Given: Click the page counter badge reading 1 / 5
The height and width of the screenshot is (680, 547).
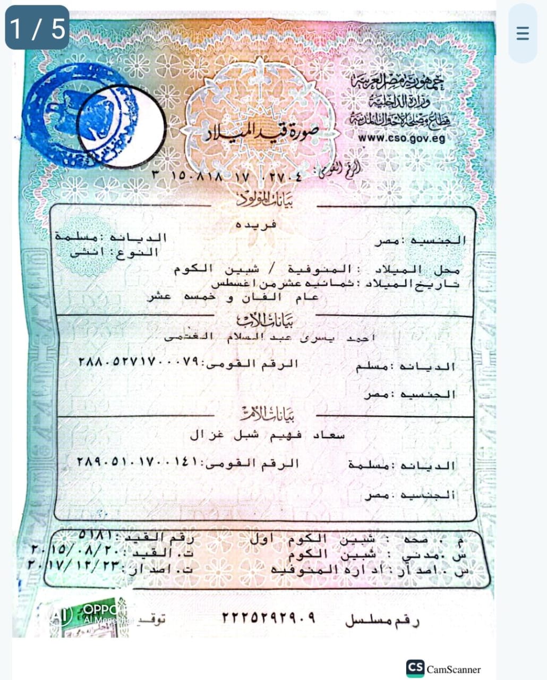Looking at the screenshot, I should (x=37, y=28).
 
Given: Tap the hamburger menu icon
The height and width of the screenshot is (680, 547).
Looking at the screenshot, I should (x=523, y=33).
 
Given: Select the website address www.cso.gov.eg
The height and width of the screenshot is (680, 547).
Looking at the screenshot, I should (x=401, y=138).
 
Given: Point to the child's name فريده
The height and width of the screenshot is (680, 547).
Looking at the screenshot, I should (x=257, y=225).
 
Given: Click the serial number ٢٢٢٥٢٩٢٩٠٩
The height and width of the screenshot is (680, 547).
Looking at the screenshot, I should (x=269, y=618).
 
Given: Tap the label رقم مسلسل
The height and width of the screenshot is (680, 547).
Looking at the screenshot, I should (x=382, y=620).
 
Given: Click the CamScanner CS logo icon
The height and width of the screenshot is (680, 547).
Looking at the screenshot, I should (x=415, y=668).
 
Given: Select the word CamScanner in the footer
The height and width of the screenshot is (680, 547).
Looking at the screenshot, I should (x=454, y=669).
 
